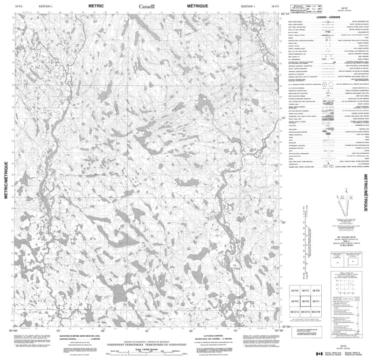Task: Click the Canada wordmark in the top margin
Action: point(149,7)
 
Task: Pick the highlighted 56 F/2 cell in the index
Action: point(305,301)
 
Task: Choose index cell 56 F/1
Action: point(316,301)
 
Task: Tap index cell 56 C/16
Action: point(316,311)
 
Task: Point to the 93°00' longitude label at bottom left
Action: point(16,330)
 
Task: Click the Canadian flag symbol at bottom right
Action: point(319,354)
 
